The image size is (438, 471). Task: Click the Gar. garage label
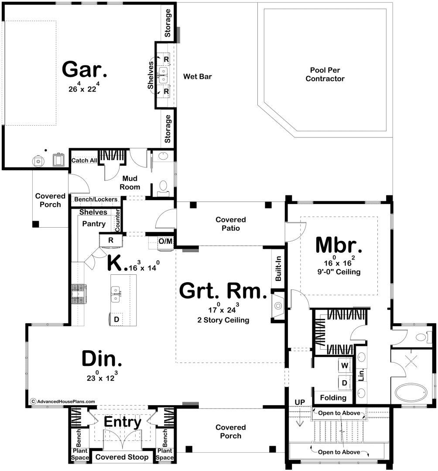85,70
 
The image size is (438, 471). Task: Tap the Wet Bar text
197,77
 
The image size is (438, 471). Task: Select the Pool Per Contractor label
325,75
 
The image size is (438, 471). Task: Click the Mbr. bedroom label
339,246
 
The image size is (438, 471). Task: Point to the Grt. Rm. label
223,291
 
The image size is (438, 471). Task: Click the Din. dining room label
102,358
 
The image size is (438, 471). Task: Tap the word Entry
123,422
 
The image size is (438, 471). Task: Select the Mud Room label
130,183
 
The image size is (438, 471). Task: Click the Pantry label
94,224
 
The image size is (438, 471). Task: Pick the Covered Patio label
231,224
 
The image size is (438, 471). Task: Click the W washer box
345,365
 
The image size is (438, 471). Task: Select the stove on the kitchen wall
79,294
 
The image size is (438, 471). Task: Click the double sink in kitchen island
116,294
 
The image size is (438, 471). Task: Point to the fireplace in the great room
278,306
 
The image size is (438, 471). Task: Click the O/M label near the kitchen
165,241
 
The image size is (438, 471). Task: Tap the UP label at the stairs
300,402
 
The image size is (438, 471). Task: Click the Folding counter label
333,398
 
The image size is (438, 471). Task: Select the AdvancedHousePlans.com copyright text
63,401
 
